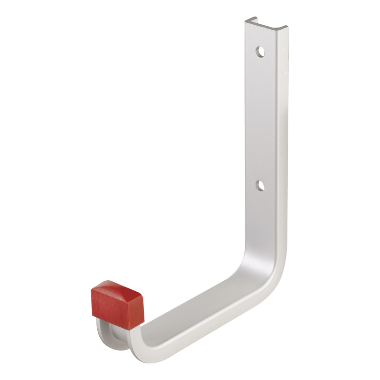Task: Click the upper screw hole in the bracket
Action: tap(260, 51)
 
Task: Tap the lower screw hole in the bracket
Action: tap(260, 186)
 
